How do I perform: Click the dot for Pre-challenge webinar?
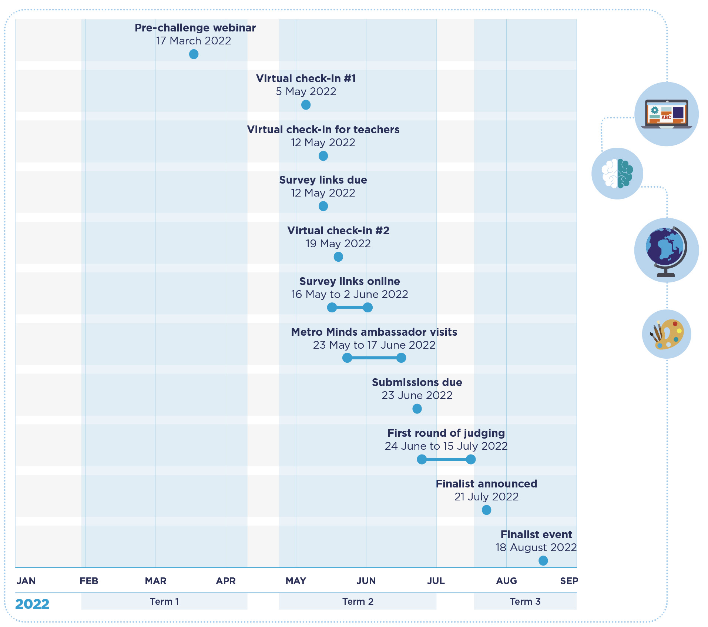(x=194, y=54)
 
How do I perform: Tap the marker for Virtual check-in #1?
(x=306, y=105)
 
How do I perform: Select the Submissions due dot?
(x=417, y=409)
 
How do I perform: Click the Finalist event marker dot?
(x=543, y=561)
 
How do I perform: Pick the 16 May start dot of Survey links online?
(x=332, y=307)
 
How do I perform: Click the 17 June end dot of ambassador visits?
(x=401, y=358)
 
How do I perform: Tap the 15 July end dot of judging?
(x=471, y=459)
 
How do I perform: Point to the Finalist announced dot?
(x=486, y=510)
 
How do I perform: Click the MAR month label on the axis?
(x=155, y=581)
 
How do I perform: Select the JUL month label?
(x=436, y=581)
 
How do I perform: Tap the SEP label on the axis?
(x=569, y=581)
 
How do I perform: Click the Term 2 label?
(x=358, y=601)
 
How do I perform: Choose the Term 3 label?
(x=525, y=601)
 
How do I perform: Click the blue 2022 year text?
(x=32, y=604)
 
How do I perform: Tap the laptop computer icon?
(x=666, y=114)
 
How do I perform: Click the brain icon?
(x=617, y=174)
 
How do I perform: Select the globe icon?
(x=666, y=251)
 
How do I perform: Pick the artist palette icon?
(x=666, y=334)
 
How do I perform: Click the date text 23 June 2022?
(x=417, y=395)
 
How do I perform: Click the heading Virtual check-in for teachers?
(x=323, y=130)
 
